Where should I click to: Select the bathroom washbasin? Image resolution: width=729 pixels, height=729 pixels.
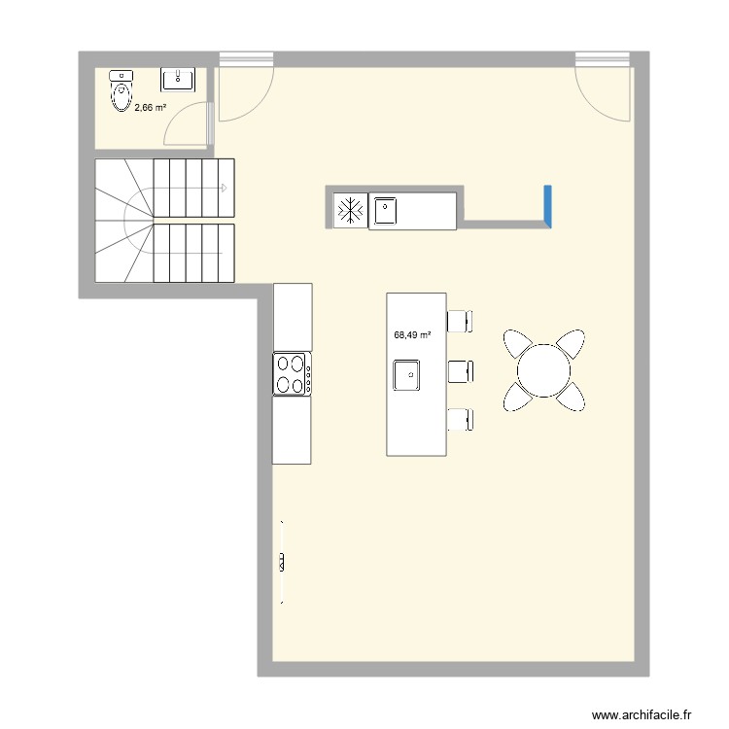pyautogui.click(x=178, y=78)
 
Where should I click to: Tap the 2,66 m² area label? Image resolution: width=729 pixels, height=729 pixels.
pyautogui.click(x=150, y=108)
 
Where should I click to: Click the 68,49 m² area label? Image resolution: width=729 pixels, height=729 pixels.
pyautogui.click(x=412, y=335)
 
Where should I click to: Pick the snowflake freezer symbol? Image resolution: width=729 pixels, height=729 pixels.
pyautogui.click(x=349, y=210)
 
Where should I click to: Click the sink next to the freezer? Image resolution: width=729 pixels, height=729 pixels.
pyautogui.click(x=385, y=210)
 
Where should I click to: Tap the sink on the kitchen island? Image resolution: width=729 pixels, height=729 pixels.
pyautogui.click(x=406, y=374)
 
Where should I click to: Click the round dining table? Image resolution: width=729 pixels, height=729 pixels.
pyautogui.click(x=544, y=369)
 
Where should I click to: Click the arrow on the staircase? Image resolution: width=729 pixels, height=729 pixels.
pyautogui.click(x=225, y=188)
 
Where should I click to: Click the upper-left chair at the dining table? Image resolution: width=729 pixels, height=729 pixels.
pyautogui.click(x=516, y=343)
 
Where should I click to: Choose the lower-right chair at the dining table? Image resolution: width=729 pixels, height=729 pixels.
pyautogui.click(x=573, y=396)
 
